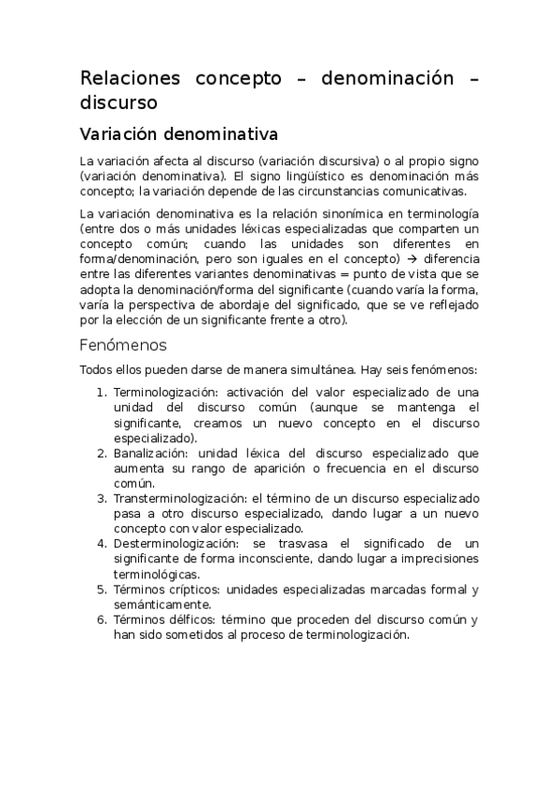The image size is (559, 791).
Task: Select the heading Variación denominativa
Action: [178, 133]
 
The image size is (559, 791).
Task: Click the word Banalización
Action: [146, 453]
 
